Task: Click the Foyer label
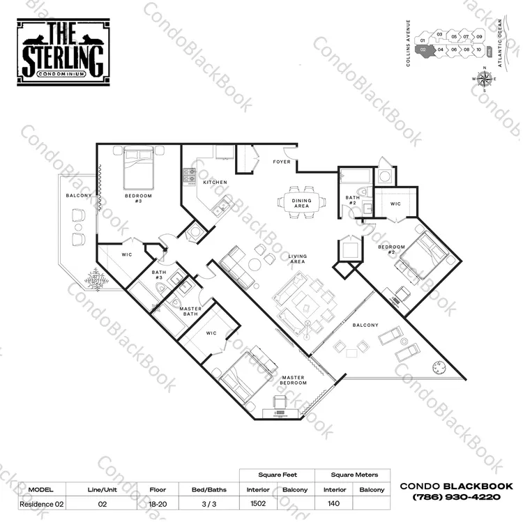(282, 162)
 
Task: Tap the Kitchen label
(215, 183)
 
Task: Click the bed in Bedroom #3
(138, 169)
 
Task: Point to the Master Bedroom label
(293, 380)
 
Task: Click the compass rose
(485, 79)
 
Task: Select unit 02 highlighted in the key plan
(424, 51)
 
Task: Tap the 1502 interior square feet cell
(258, 503)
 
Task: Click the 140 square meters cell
(333, 503)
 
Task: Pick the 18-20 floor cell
(158, 504)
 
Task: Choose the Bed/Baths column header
(209, 490)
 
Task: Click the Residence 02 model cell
(42, 504)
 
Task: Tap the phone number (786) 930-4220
(457, 497)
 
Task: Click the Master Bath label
(190, 312)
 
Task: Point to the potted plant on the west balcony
(96, 280)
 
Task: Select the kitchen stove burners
(190, 176)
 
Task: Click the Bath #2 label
(353, 200)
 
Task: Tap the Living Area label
(298, 259)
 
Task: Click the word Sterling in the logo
(63, 60)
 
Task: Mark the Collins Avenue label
(408, 43)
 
